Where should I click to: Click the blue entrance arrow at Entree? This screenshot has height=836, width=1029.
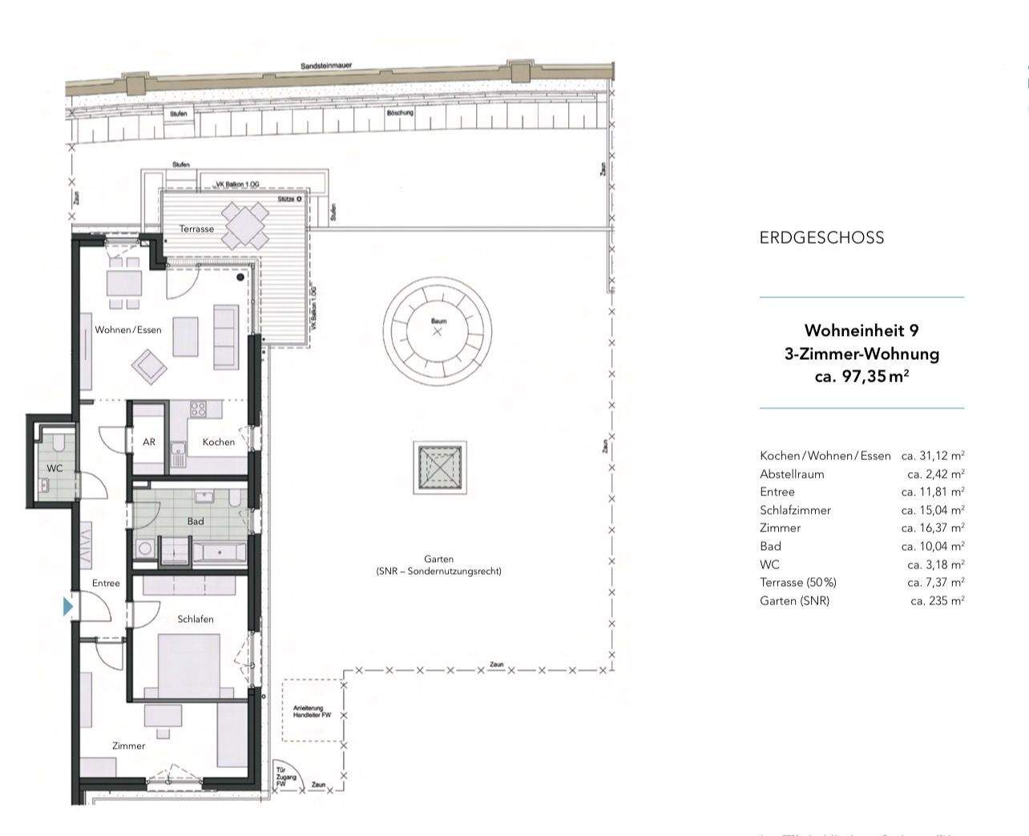(68, 607)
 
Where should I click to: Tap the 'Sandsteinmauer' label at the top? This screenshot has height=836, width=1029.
(326, 66)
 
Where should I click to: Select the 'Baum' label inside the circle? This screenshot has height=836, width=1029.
(438, 321)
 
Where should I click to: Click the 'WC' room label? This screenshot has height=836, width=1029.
(54, 468)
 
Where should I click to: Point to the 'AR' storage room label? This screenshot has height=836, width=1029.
(149, 442)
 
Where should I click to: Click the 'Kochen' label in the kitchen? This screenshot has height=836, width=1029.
(219, 442)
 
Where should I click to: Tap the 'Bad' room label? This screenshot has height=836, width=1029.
(196, 521)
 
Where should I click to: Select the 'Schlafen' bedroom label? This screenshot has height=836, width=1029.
(196, 619)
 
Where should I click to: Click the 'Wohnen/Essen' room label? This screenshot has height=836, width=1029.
(128, 329)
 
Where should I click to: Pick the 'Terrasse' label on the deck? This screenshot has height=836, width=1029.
(196, 228)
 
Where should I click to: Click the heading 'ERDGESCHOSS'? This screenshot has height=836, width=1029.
(821, 237)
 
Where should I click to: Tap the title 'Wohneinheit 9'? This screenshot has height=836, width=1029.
(861, 330)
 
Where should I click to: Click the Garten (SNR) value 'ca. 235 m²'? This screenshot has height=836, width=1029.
(937, 600)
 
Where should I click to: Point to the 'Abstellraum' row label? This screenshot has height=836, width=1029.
(792, 474)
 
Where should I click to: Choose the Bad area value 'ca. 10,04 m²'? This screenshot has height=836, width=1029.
(932, 546)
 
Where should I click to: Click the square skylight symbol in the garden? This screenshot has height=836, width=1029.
(440, 467)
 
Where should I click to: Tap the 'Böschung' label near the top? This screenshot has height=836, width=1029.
(400, 113)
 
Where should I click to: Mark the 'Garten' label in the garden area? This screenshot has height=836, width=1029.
(438, 559)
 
